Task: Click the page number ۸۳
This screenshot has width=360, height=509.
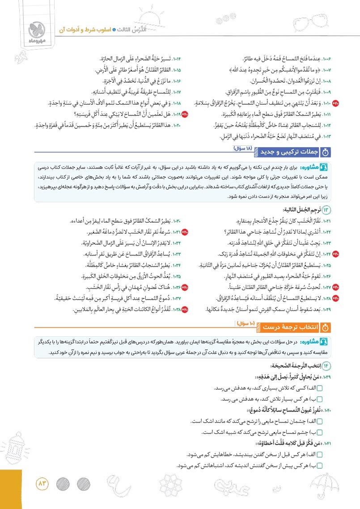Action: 43,483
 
